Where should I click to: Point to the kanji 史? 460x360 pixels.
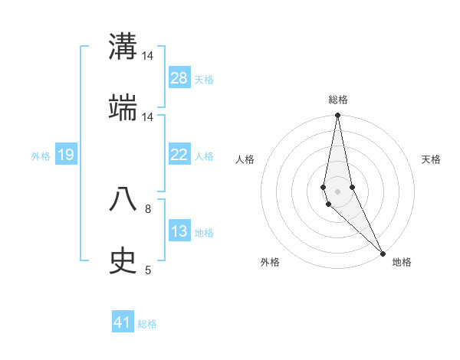pyautogui.click(x=123, y=260)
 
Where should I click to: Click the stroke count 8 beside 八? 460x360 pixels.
pyautogui.click(x=148, y=208)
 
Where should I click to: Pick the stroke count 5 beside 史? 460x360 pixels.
pyautogui.click(x=148, y=270)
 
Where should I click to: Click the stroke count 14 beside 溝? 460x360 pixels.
pyautogui.click(x=148, y=56)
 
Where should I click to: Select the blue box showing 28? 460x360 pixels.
pyautogui.click(x=179, y=78)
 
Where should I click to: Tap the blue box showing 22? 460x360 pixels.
pyautogui.click(x=179, y=155)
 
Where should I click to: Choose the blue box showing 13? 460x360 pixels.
pyautogui.click(x=179, y=231)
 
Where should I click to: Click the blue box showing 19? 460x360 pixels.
pyautogui.click(x=65, y=155)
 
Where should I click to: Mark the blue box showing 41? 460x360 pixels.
pyautogui.click(x=123, y=322)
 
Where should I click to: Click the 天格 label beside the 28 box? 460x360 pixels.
pyautogui.click(x=204, y=79)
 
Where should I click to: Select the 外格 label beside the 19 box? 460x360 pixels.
pyautogui.click(x=41, y=155)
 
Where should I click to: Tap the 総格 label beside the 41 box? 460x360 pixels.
pyautogui.click(x=147, y=323)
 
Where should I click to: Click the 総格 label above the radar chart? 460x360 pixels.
pyautogui.click(x=337, y=100)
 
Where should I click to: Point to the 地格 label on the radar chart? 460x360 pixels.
pyautogui.click(x=402, y=262)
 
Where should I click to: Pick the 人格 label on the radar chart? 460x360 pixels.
pyautogui.click(x=245, y=159)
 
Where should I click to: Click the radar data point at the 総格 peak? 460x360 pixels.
pyautogui.click(x=337, y=116)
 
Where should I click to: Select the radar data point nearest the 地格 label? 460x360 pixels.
pyautogui.click(x=383, y=253)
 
